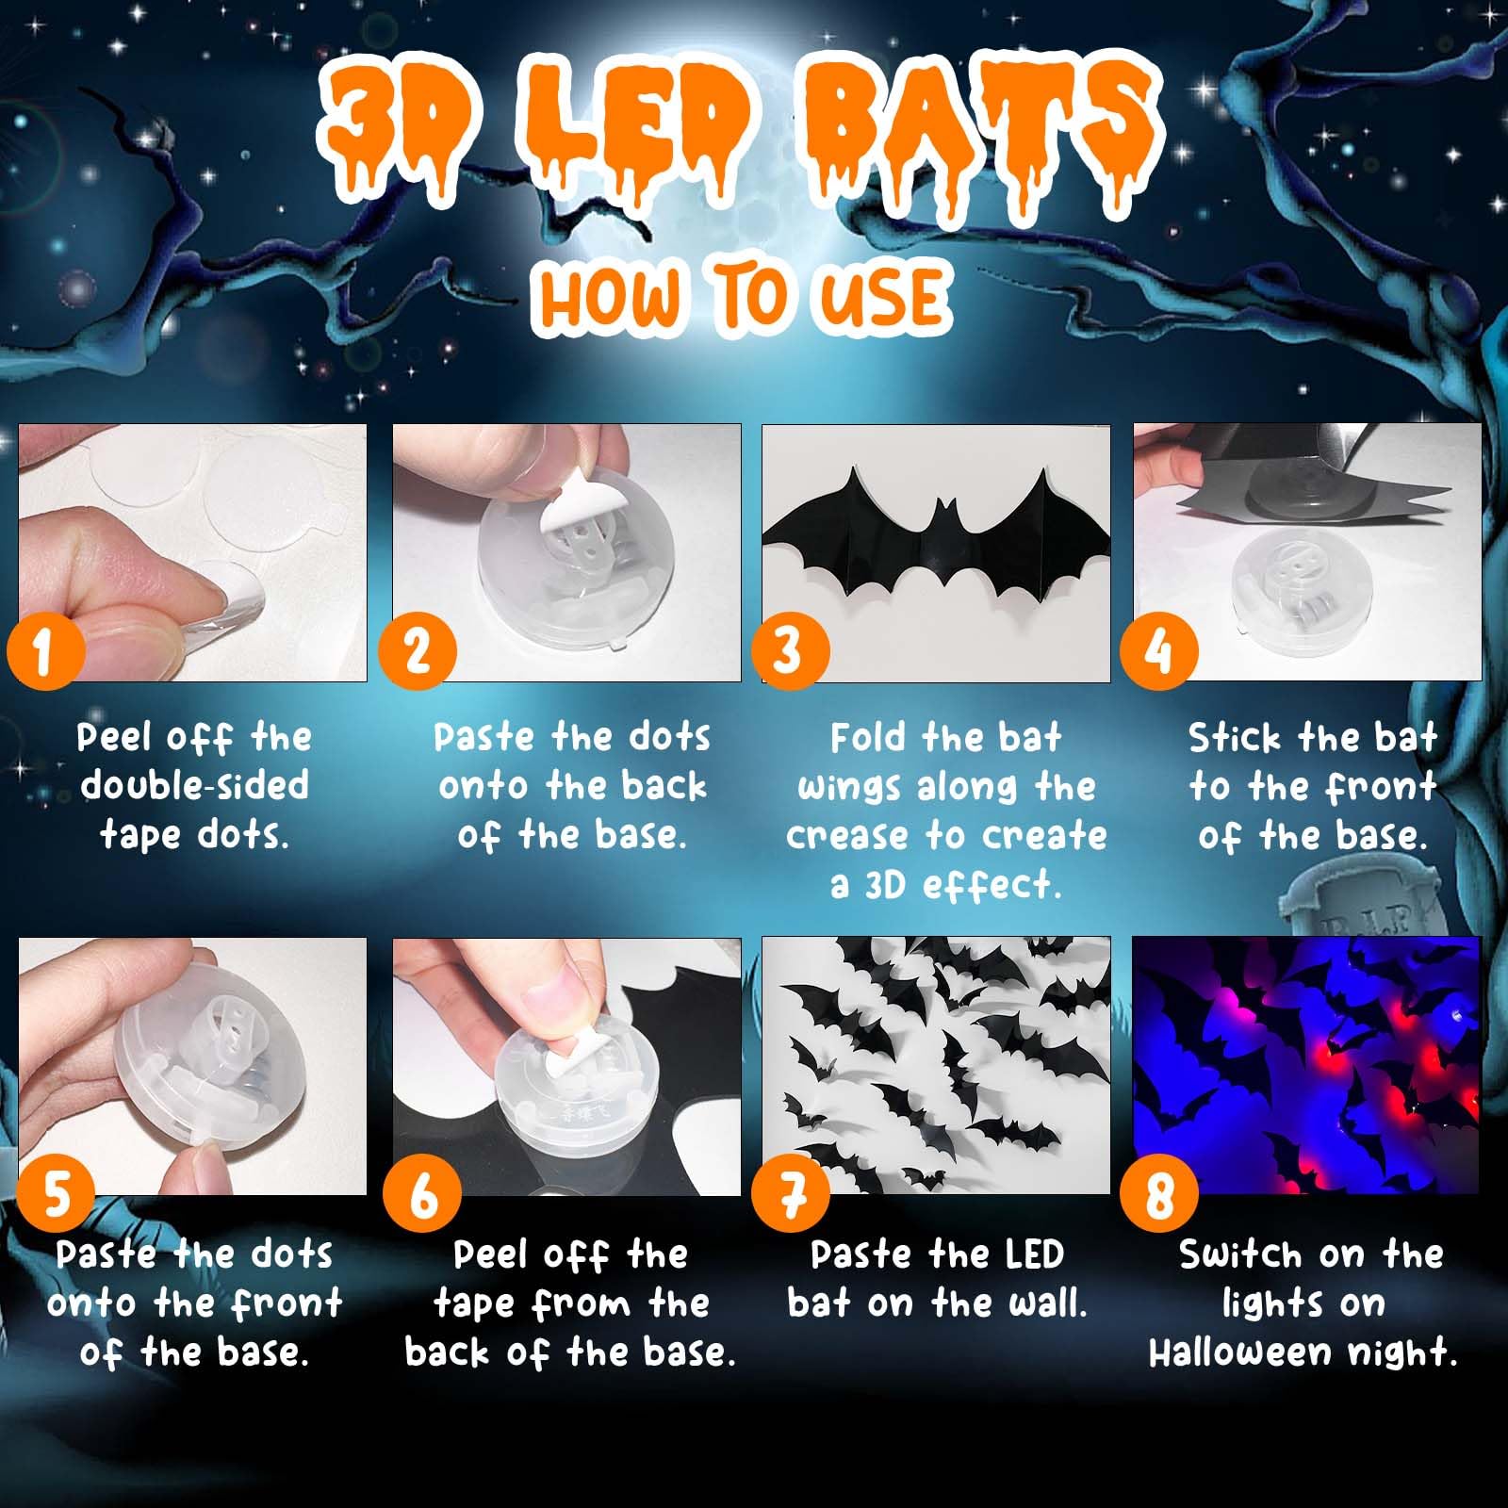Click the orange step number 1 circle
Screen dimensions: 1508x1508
point(45,651)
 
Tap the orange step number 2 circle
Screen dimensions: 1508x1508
point(418,651)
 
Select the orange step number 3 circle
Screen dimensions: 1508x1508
point(790,651)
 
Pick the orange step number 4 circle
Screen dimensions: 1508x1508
point(1158,651)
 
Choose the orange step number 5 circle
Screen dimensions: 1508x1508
point(57,1194)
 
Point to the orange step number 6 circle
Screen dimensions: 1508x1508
point(422,1194)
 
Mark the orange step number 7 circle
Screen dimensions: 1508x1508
point(791,1194)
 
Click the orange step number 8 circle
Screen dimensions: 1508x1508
point(1158,1194)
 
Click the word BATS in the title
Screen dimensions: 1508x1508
point(980,132)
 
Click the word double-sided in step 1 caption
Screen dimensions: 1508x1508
point(195,785)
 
